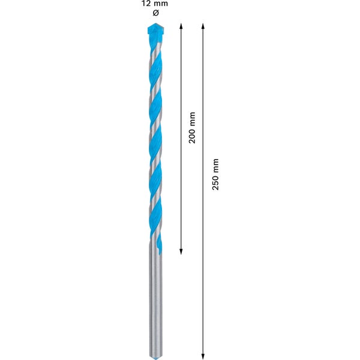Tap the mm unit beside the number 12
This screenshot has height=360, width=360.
[161, 4]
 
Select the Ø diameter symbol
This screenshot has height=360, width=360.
[155, 13]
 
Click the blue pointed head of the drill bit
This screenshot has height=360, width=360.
[155, 32]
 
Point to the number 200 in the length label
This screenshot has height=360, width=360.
[192, 135]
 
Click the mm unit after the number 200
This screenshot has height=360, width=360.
[192, 118]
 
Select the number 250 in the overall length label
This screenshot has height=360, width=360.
[215, 182]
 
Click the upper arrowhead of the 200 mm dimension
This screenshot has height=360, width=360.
[181, 26]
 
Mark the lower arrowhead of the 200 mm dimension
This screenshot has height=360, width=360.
[181, 251]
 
